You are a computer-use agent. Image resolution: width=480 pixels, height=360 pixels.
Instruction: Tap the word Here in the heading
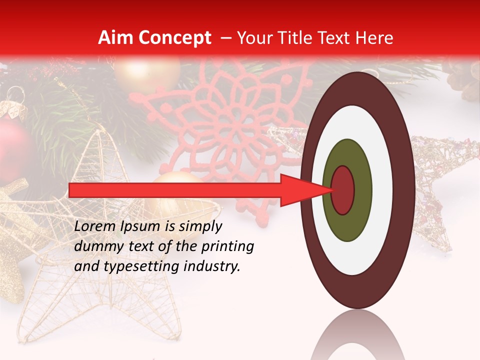point(375,38)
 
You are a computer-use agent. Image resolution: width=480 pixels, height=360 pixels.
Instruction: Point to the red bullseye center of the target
point(343,190)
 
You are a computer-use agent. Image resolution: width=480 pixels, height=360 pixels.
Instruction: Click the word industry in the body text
point(213,267)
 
